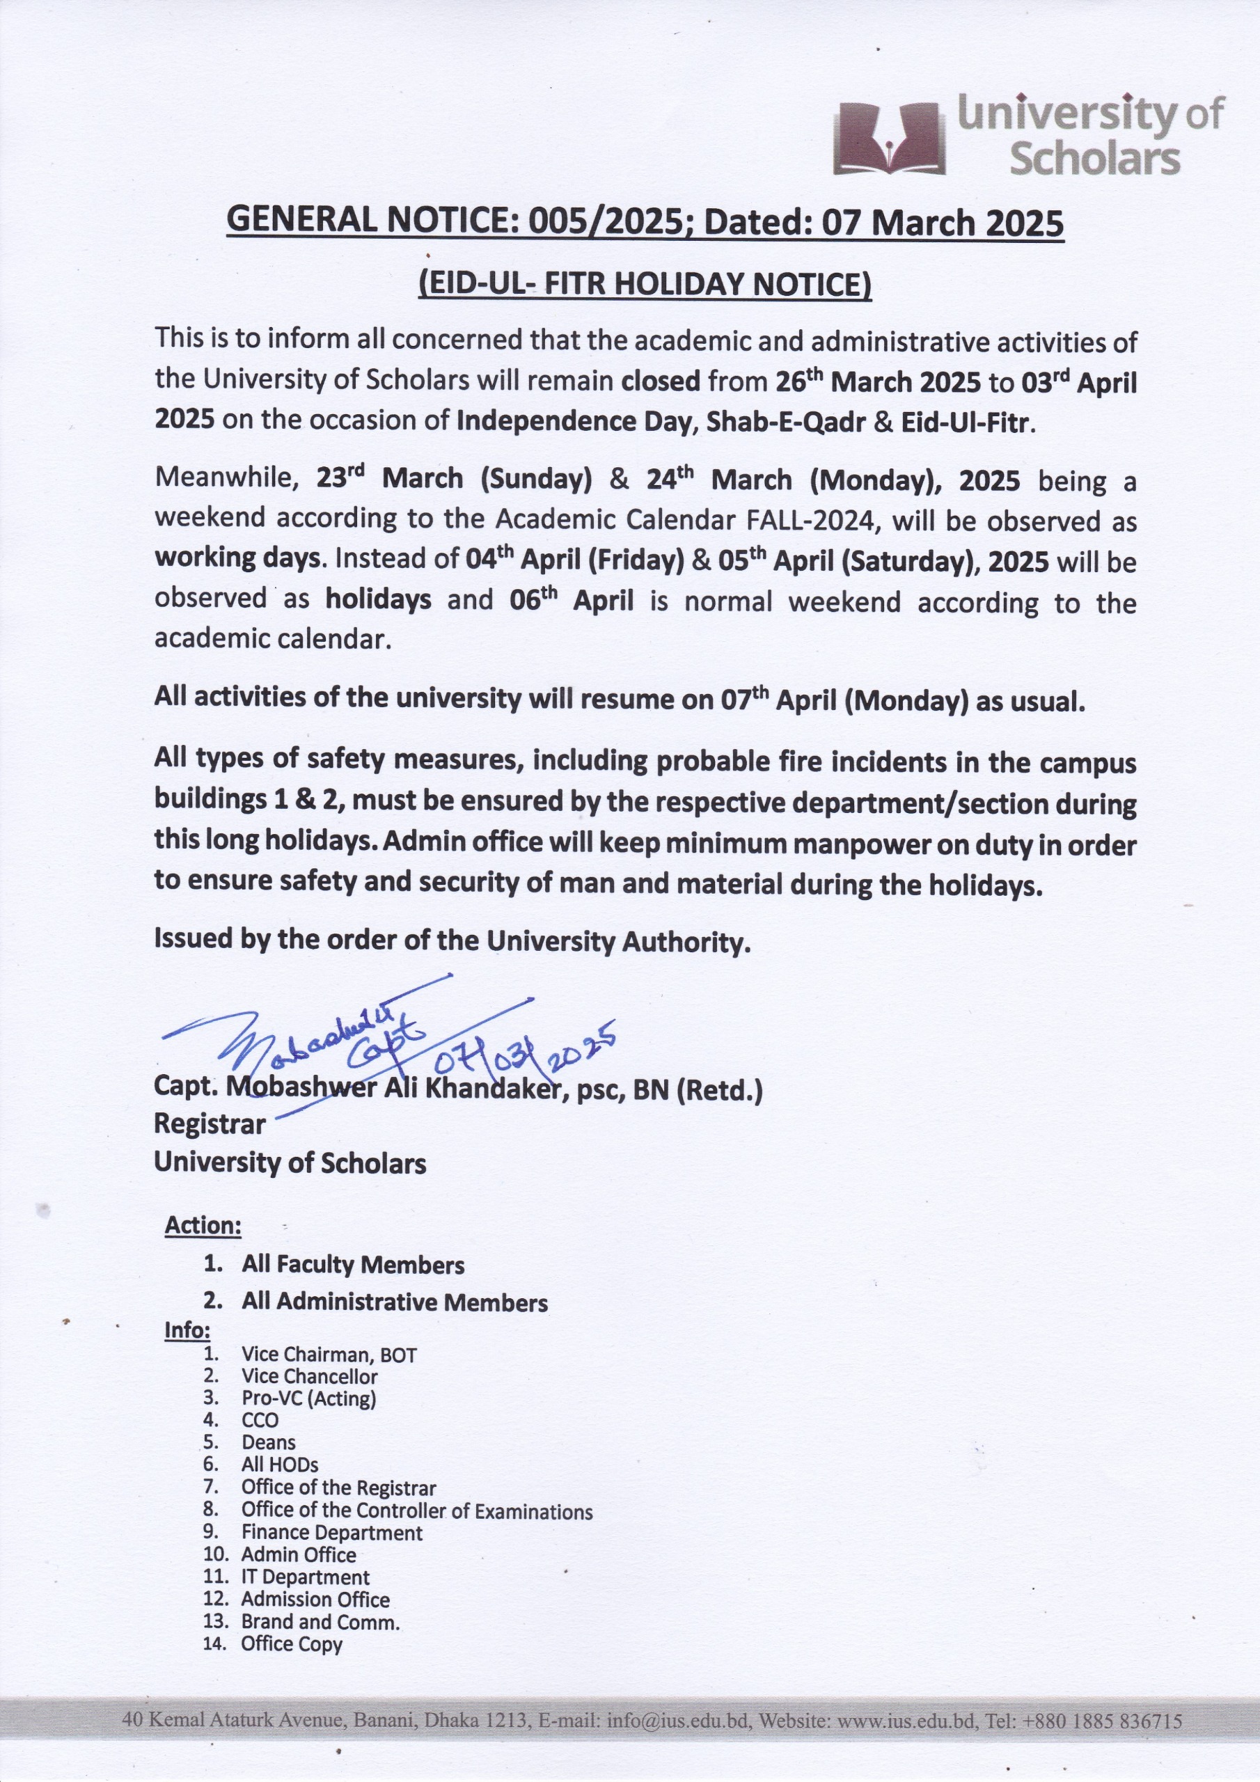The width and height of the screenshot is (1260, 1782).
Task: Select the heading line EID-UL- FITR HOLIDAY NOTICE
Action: [x=645, y=284]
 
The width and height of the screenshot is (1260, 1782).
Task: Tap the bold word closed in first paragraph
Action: [x=661, y=381]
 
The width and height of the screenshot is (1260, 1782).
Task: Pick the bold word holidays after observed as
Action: [x=378, y=599]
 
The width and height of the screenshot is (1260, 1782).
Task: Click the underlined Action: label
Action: [x=203, y=1226]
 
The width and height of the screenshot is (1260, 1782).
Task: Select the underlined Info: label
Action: [x=187, y=1330]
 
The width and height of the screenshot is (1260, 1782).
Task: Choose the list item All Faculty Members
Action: [x=352, y=1265]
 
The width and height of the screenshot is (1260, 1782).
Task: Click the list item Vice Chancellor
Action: [x=309, y=1377]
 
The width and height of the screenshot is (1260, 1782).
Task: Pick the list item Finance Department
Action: [x=331, y=1533]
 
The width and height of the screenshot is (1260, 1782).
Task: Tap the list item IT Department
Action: [x=305, y=1577]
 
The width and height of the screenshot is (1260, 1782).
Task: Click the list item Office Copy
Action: [x=291, y=1644]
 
